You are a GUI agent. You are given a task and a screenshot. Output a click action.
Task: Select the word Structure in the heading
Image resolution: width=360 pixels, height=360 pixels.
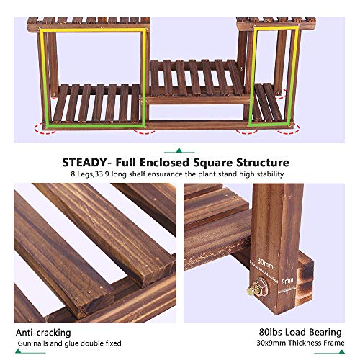(264, 163)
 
